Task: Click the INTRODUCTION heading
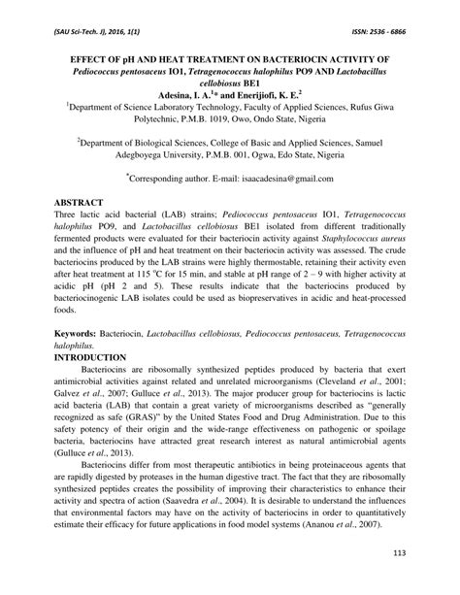point(103,357)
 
